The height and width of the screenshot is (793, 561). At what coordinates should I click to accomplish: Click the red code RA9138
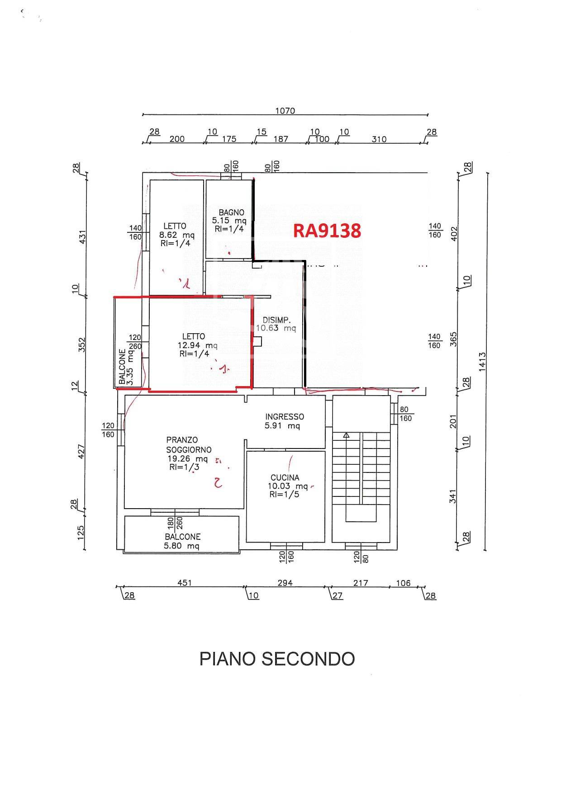point(327,231)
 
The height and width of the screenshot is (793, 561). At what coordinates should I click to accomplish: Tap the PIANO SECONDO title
point(277,659)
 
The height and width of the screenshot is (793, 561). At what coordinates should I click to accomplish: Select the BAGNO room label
point(231,212)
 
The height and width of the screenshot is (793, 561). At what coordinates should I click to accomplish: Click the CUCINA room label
point(285,477)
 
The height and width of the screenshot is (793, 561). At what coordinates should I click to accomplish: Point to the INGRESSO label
point(285,417)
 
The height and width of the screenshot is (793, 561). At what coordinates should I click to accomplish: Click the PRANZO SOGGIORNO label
point(188,444)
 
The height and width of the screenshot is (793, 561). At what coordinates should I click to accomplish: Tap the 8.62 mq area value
point(176,235)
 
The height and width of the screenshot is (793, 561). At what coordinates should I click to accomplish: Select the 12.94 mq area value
point(197,346)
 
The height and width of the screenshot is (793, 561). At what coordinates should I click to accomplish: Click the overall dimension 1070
point(285,111)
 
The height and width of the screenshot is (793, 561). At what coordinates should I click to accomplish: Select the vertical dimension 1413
point(482,362)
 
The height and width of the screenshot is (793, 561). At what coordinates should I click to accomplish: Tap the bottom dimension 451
point(184,583)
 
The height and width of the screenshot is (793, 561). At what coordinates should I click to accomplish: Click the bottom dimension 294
point(285,583)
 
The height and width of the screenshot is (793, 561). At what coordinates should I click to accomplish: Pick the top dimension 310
point(379,139)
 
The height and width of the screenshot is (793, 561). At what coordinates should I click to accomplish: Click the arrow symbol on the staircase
point(346,435)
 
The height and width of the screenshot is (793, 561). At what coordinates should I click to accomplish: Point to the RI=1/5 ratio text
point(284,495)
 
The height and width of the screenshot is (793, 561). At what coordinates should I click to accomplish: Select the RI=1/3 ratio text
point(184,467)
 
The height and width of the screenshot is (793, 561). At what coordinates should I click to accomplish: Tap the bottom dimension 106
point(403,583)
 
